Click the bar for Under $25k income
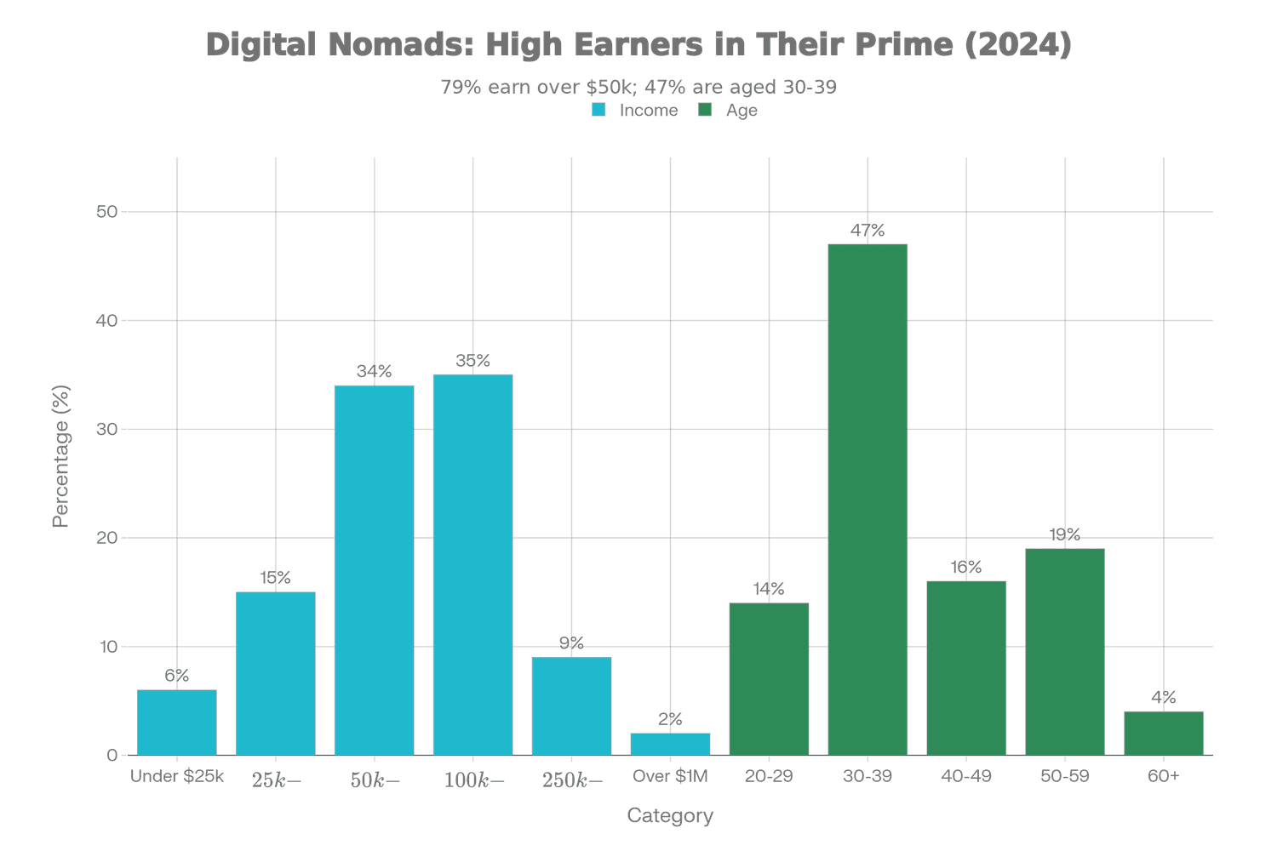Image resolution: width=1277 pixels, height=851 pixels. click(176, 722)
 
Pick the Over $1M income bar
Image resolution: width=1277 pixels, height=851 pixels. click(670, 744)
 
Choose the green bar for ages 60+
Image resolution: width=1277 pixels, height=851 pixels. click(1163, 733)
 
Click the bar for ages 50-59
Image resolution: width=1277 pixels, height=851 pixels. click(1064, 652)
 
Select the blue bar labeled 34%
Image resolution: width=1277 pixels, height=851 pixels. click(374, 570)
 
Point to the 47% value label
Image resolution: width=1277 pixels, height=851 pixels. click(868, 231)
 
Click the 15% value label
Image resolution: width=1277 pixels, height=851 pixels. click(275, 579)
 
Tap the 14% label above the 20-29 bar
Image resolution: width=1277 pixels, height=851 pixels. click(769, 589)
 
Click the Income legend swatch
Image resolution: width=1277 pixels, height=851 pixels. click(599, 111)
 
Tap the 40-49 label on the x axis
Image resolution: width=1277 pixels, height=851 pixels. click(966, 776)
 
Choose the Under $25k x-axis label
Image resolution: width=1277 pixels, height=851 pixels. click(177, 776)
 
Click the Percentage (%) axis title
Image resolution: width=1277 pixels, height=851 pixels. click(60, 457)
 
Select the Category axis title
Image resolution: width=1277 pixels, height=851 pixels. click(670, 816)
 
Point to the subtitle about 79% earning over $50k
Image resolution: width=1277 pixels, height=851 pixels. click(638, 87)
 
